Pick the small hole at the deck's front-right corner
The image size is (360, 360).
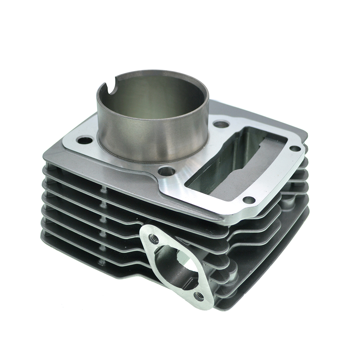(249, 200)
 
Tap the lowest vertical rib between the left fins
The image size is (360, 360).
(101, 262)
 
